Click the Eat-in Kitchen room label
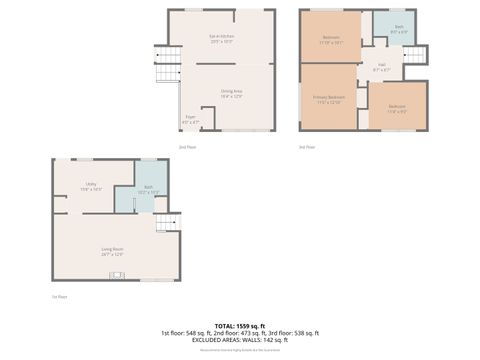(221, 39)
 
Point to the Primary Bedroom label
(327, 99)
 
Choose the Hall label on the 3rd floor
(382, 68)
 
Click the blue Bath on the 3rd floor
(398, 29)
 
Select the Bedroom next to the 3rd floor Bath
(331, 40)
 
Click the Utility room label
(91, 186)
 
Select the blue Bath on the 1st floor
(147, 190)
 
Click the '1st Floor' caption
(60, 297)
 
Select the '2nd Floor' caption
(187, 147)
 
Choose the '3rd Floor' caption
(307, 147)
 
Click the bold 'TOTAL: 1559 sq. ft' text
(240, 326)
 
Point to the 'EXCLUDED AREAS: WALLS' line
(240, 340)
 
